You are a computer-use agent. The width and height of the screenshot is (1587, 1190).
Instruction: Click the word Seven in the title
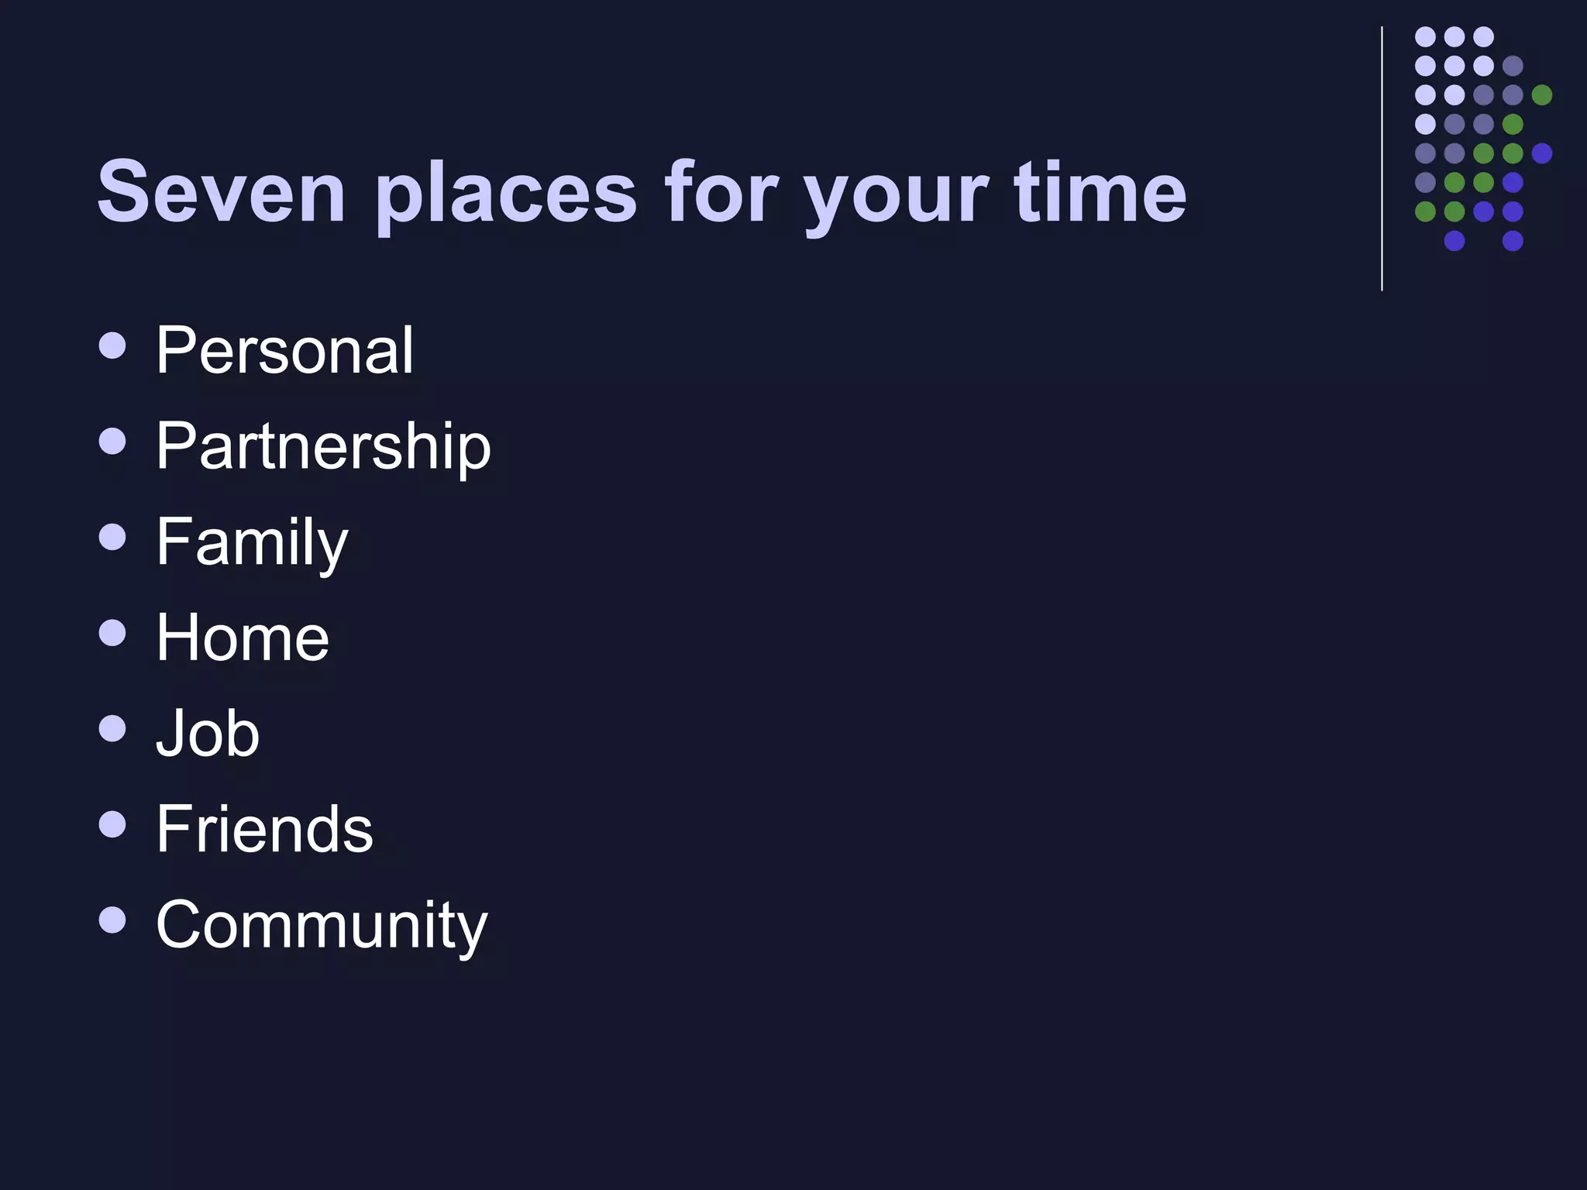220,191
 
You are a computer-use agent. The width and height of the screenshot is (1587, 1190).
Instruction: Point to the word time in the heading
1100,191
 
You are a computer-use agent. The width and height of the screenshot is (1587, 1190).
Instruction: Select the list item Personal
284,350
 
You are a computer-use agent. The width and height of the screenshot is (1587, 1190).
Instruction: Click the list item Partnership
323,447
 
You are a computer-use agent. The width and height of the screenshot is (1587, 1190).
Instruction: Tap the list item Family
252,543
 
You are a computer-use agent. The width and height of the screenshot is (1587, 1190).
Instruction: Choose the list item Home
243,638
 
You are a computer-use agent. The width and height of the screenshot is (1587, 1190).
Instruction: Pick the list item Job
208,733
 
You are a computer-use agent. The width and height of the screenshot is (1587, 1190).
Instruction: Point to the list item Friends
264,829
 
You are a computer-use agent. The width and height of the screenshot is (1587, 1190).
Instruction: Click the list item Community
322,925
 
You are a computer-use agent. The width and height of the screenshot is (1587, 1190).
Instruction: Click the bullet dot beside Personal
113,346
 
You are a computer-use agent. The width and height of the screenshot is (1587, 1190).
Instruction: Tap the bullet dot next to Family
113,537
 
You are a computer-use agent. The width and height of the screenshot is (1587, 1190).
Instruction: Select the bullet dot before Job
113,728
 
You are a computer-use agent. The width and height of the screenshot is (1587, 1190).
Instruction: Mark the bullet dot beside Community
113,920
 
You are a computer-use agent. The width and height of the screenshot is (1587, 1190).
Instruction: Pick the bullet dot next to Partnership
113,442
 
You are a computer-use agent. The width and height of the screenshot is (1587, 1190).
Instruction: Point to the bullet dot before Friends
113,824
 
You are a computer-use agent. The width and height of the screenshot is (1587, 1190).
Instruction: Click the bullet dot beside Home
113,633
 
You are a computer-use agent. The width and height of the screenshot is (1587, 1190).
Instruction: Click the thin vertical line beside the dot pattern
1382,159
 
